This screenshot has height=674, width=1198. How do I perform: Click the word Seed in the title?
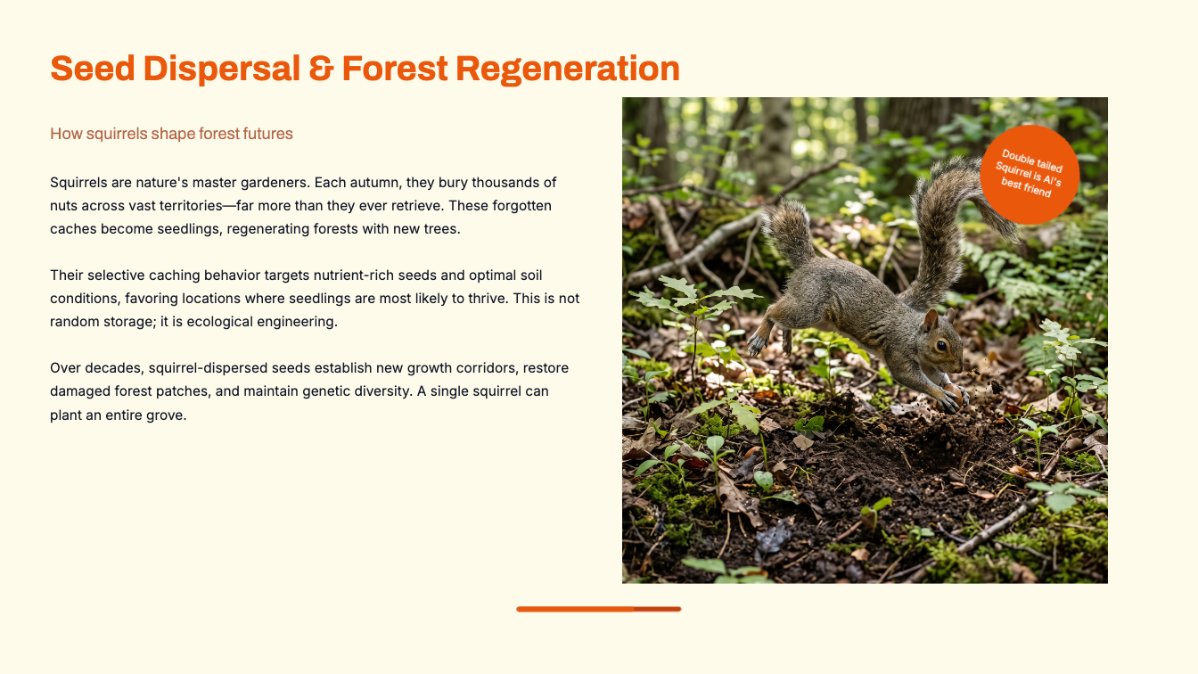(92, 69)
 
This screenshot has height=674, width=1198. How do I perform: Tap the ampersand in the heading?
(321, 69)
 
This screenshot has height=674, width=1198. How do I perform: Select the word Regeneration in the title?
(568, 70)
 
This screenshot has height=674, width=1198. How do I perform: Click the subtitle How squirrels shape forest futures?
(171, 133)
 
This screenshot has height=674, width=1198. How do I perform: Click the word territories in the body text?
(191, 205)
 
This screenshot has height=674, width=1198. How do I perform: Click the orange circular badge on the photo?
(1030, 175)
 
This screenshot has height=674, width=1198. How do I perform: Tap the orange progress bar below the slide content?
(598, 609)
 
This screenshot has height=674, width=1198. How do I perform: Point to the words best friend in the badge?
(1026, 188)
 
